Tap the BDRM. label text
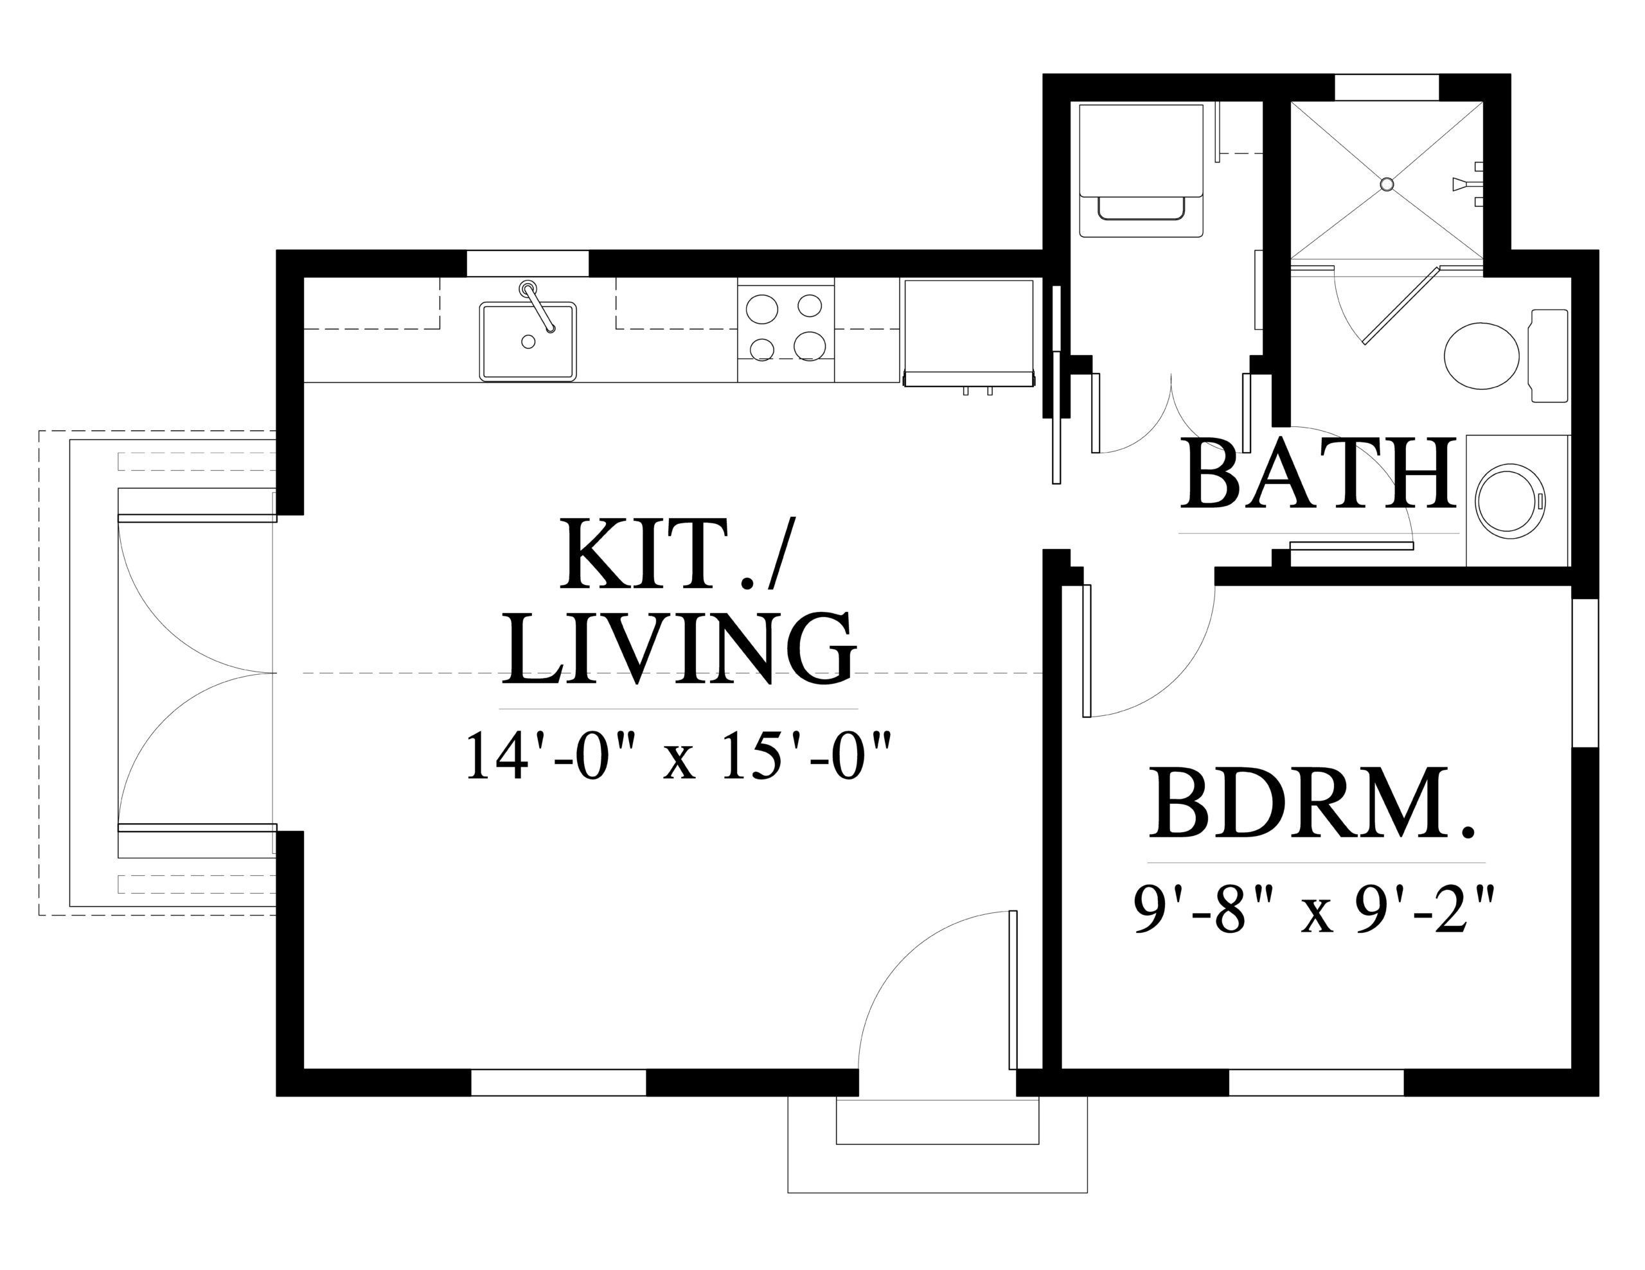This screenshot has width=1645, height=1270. (x=1312, y=804)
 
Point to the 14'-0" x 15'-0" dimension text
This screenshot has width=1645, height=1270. (x=679, y=756)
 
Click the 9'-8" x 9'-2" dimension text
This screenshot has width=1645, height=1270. (x=1313, y=909)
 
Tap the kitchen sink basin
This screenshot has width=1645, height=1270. (x=528, y=341)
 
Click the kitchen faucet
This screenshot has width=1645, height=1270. (x=538, y=306)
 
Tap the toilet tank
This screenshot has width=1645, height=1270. (x=1549, y=355)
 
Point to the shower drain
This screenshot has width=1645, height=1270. (x=1387, y=184)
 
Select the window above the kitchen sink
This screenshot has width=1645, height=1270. (x=528, y=263)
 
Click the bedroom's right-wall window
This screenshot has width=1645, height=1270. (x=1585, y=673)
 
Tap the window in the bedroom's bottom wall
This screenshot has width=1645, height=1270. (x=1317, y=1083)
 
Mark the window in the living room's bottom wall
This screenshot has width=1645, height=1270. (x=558, y=1083)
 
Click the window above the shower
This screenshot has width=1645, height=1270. (x=1387, y=87)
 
